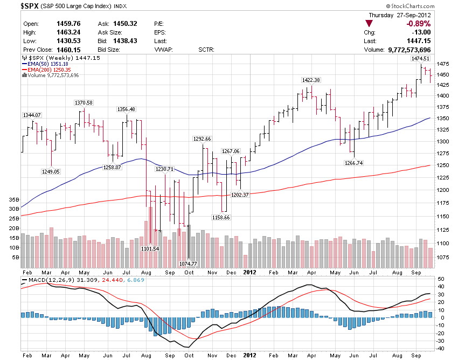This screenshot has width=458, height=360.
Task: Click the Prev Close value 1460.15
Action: (68, 50)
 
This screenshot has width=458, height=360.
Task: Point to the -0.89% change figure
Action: (418, 24)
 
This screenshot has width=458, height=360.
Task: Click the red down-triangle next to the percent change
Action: (369, 24)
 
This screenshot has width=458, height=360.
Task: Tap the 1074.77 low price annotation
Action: (188, 264)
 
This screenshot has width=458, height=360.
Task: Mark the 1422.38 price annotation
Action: (310, 80)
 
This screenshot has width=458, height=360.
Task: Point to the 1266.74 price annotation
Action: (353, 163)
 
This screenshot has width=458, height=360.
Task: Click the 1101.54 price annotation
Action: (150, 248)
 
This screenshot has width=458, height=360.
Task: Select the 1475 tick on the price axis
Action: (444, 64)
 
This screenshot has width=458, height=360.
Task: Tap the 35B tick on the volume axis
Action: (14, 199)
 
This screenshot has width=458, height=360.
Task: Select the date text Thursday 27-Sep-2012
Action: (399, 15)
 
